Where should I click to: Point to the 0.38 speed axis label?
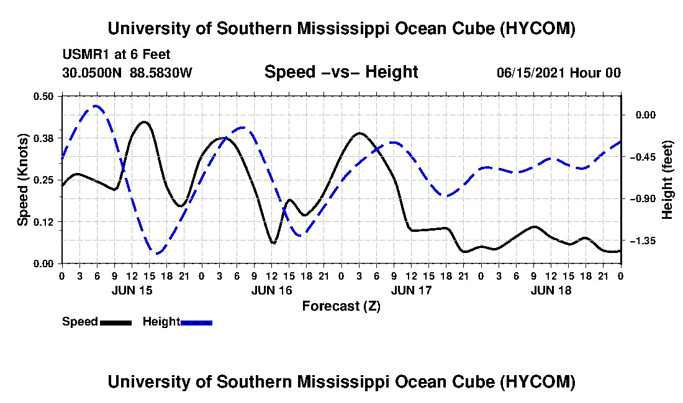43,138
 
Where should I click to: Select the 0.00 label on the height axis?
645,115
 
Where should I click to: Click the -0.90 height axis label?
643,198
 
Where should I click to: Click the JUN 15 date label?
132,290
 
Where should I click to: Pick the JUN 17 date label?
411,290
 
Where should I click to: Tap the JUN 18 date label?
551,290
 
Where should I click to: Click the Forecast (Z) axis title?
341,306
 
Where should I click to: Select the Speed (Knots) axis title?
22,180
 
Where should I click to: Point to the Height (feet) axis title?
667,180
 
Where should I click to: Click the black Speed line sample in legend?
115,322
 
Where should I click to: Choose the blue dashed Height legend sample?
196,322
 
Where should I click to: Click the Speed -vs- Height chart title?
341,72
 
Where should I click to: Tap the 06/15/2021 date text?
531,73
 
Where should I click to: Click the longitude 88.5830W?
161,73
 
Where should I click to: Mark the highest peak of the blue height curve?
96,105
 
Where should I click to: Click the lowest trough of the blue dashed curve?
157,252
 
